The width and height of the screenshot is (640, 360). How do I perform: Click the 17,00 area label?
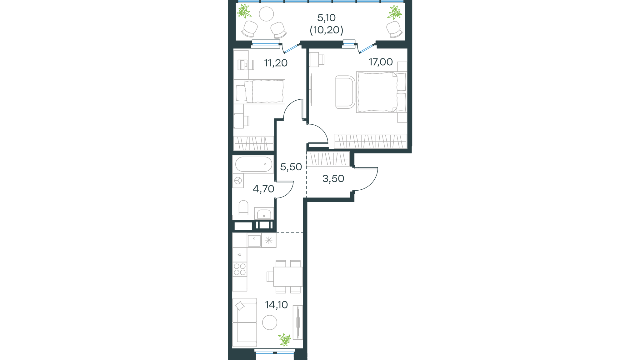tap(381, 62)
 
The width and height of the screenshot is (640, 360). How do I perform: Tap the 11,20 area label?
tap(276, 63)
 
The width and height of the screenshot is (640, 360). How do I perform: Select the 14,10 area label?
tap(276, 305)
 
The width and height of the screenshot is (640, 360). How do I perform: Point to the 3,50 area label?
tap(333, 178)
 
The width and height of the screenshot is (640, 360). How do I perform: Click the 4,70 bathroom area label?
tap(263, 189)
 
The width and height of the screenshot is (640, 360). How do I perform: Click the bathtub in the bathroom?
tap(253, 164)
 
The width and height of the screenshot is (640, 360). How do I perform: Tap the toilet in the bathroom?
tap(243, 208)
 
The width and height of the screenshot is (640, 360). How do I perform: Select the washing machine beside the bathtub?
tap(238, 181)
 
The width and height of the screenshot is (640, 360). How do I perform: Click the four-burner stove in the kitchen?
tap(240, 269)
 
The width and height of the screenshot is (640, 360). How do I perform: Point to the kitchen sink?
tap(254, 241)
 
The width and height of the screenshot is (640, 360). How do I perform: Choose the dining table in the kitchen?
tap(288, 277)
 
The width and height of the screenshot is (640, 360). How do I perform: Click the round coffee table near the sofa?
tap(270, 322)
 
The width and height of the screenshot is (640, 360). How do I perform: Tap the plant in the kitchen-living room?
tap(285, 340)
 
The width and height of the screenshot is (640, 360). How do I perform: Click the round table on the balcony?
tap(266, 14)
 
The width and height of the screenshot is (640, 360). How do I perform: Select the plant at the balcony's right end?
tap(394, 12)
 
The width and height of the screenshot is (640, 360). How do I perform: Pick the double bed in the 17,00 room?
tap(381, 92)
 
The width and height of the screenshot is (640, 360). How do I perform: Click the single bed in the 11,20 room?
tap(259, 92)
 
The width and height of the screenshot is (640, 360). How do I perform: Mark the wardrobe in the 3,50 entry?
tap(328, 159)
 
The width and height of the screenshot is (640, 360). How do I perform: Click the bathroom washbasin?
tap(264, 214)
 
